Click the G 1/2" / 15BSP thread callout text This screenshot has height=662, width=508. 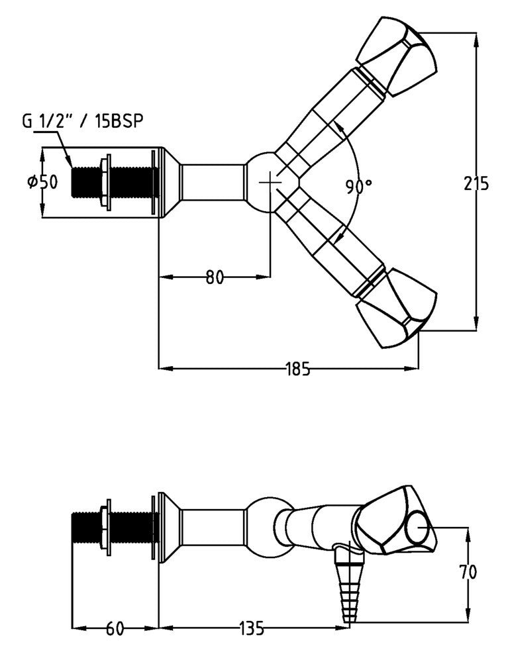(x=82, y=120)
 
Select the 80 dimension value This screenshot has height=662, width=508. (x=213, y=277)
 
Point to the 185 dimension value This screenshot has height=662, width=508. (x=298, y=369)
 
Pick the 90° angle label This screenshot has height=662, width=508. (x=358, y=187)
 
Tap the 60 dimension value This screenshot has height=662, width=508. (x=115, y=627)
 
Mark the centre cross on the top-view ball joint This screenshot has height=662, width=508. (x=270, y=181)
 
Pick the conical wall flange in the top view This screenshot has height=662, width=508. (x=169, y=181)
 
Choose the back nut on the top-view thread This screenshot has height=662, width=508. (x=105, y=181)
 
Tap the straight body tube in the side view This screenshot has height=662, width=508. (x=212, y=530)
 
